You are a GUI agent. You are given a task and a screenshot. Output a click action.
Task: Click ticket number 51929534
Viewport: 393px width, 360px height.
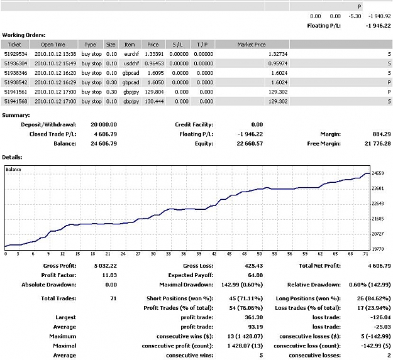(16, 54)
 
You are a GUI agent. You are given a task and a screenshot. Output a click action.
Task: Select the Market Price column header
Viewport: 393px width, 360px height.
(252, 45)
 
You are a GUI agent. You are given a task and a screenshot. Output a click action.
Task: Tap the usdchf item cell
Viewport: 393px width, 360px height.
(131, 63)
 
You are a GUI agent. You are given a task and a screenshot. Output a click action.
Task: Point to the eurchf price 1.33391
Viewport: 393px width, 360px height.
(154, 54)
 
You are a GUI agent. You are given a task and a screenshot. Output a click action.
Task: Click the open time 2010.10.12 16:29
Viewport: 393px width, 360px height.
(55, 82)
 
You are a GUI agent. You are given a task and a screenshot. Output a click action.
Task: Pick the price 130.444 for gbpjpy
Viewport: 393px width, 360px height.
(154, 101)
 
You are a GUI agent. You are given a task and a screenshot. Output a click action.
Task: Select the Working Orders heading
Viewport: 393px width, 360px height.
(24, 35)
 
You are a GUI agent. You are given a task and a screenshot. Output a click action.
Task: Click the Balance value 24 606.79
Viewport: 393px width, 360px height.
(104, 144)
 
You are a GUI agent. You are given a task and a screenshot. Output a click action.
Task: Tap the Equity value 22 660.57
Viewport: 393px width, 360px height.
(250, 144)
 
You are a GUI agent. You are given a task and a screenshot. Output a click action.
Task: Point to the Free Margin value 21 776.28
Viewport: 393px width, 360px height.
(377, 144)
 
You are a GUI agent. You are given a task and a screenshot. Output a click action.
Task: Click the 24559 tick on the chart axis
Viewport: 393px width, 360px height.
(378, 173)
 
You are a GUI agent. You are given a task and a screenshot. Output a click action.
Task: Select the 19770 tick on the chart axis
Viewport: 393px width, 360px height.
(378, 249)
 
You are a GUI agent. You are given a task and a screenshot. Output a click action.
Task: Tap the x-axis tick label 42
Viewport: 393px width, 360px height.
(214, 254)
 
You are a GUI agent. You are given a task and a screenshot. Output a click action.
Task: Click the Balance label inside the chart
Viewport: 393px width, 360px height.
(13, 170)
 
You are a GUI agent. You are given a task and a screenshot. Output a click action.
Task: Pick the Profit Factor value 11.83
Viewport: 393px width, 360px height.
(109, 275)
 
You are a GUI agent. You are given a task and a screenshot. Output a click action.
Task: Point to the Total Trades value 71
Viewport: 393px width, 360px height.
(113, 298)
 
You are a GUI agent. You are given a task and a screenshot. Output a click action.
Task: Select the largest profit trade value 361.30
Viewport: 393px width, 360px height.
(253, 317)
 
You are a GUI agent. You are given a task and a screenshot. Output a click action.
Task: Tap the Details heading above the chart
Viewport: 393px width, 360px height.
(12, 158)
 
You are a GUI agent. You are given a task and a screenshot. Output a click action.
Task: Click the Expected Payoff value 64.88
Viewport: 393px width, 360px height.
(255, 275)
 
